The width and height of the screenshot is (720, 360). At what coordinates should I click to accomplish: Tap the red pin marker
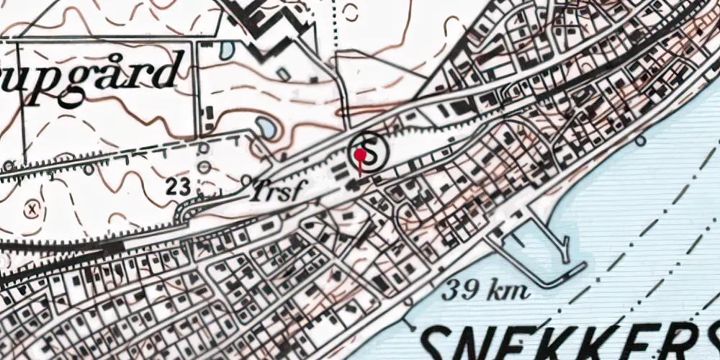point(359,155)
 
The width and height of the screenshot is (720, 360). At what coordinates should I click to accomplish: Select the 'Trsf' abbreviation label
point(279,192)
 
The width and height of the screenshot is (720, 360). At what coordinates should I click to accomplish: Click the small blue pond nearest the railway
point(265,128)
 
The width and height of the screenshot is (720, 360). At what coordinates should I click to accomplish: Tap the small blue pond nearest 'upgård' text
point(226,50)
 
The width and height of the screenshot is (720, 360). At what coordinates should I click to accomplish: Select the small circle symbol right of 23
point(205,167)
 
